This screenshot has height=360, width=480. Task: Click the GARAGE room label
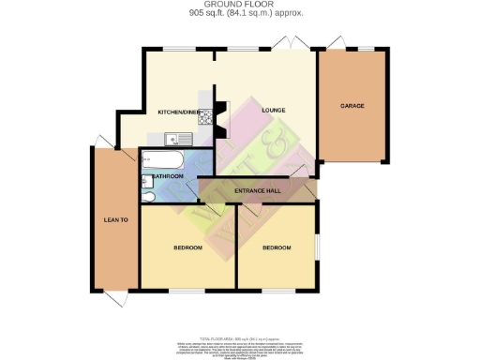tap(352, 106)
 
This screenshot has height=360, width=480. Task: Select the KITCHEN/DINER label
tap(177, 112)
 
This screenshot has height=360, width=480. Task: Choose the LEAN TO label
tap(114, 220)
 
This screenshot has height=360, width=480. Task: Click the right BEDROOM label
tap(276, 248)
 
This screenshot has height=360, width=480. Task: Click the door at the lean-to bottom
tap(113, 299)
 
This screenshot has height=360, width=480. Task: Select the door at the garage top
tap(336, 43)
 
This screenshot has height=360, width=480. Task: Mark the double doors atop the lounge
tap(291, 42)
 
